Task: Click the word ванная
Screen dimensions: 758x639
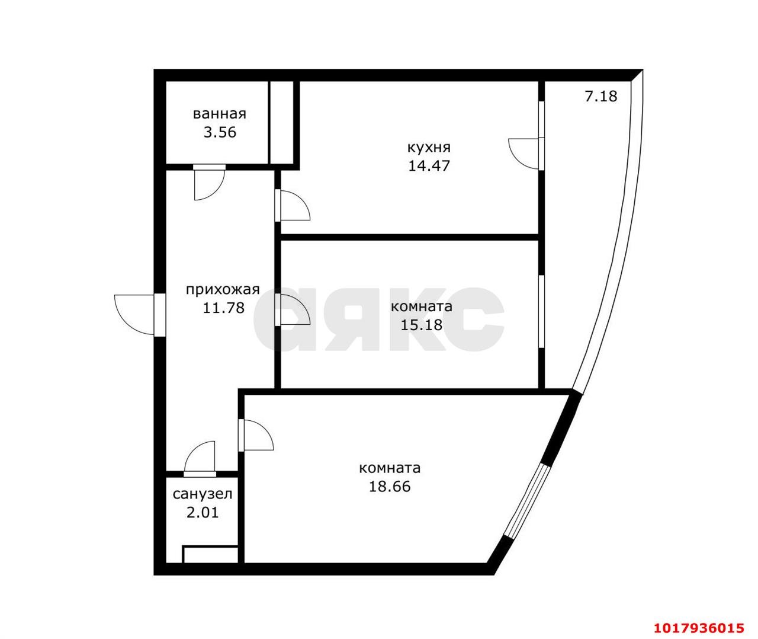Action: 220,114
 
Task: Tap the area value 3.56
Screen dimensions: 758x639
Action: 220,132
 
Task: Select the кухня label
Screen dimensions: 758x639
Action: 429,148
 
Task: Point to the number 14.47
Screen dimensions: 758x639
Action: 429,166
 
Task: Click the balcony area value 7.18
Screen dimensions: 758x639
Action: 601,96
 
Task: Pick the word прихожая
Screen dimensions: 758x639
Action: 223,290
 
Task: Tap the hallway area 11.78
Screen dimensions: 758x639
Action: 223,308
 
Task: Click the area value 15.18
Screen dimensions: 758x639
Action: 421,325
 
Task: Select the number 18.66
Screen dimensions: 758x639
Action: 390,486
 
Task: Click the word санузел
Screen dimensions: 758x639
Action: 202,494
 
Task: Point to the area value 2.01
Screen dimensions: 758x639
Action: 202,513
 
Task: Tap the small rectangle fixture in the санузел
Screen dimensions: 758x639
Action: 210,554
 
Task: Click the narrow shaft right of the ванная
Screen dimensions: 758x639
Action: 282,123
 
